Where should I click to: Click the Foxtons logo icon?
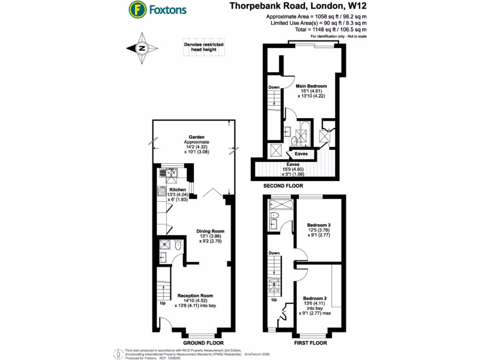pyautogui.click(x=136, y=9)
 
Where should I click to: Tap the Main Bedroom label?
pyautogui.click(x=311, y=87)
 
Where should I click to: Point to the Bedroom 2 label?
pyautogui.click(x=315, y=299)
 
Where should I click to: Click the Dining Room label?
pyautogui.click(x=210, y=231)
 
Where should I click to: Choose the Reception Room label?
pyautogui.click(x=195, y=296)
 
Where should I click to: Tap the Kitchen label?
pyautogui.click(x=178, y=190)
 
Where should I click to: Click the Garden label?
pyautogui.click(x=190, y=137)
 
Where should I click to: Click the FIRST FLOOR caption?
pyautogui.click(x=310, y=343)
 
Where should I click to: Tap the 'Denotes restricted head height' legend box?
pyautogui.click(x=203, y=47)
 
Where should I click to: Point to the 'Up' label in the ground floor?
pyautogui.click(x=163, y=303)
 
